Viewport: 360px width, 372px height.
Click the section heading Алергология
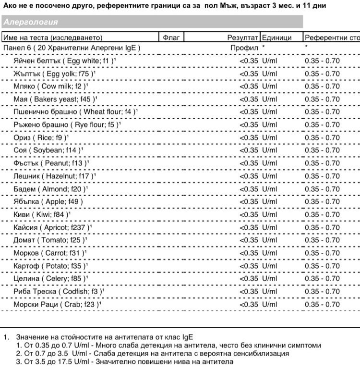[x=30, y=22]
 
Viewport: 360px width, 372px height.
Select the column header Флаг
[x=171, y=37]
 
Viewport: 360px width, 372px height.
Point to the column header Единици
[x=276, y=37]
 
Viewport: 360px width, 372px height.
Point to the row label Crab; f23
[x=58, y=304]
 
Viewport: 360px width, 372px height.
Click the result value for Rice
[x=249, y=137]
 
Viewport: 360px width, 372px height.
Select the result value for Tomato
[x=249, y=240]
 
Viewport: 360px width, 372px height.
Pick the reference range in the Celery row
[x=322, y=279]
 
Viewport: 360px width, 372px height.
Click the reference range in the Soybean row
[x=322, y=150]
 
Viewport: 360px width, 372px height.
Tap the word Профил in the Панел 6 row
[x=244, y=48]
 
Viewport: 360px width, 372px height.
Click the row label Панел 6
[x=72, y=48]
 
